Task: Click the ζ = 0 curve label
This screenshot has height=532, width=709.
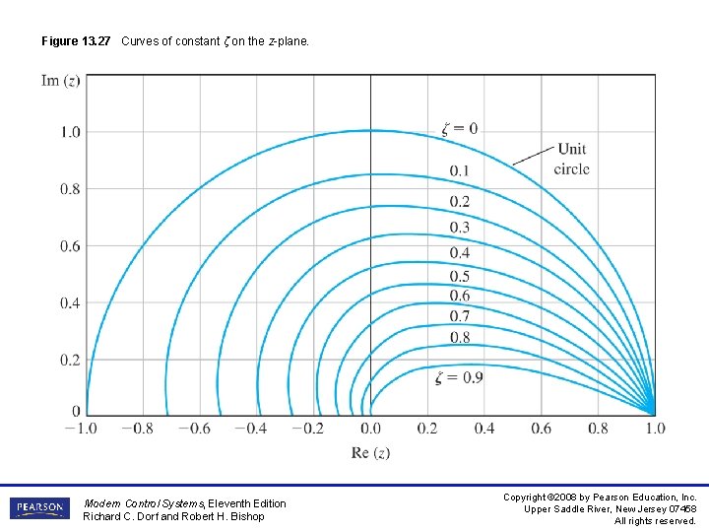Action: coord(459,128)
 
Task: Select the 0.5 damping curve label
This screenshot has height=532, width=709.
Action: coord(459,277)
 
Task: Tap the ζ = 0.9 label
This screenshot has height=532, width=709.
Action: coord(459,378)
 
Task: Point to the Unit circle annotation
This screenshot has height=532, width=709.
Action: coord(571,159)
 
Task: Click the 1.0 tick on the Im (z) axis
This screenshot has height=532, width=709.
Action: coord(71,132)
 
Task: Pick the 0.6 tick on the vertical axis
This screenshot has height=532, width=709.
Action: coord(71,246)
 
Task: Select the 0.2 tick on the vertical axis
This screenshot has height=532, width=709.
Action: coord(71,361)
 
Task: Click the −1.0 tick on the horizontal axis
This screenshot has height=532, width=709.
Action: coord(83,429)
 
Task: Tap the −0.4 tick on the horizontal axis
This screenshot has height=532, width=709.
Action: coord(254,429)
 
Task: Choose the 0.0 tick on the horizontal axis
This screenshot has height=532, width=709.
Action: coord(370,429)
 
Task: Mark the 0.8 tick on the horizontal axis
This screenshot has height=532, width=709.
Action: coord(599,429)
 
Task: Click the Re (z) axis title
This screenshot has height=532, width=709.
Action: coord(370,453)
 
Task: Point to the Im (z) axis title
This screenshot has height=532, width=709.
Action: coord(61,80)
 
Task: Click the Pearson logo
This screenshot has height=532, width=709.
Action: coord(40,509)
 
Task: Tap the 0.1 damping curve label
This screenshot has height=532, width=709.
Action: coord(459,171)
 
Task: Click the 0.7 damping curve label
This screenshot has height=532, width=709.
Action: coord(459,316)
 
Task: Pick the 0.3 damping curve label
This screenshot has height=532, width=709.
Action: coord(459,228)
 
